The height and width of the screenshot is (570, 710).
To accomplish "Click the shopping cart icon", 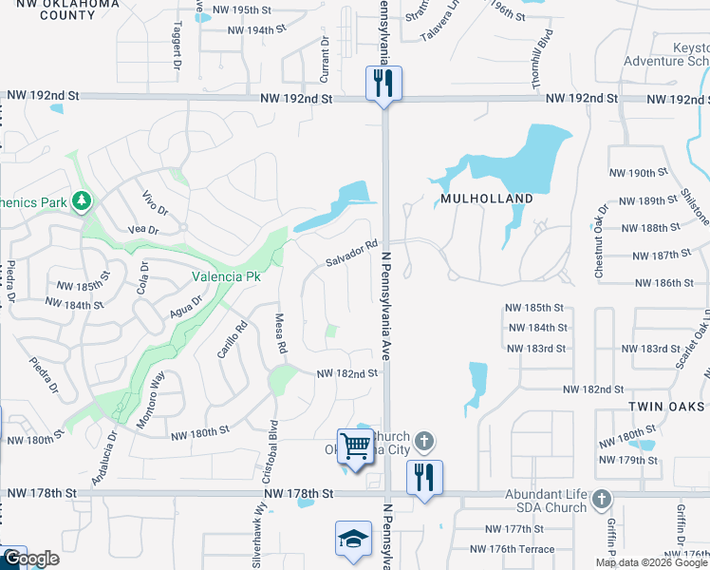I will coord(355,444).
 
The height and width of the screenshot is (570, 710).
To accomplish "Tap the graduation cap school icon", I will coord(353,540).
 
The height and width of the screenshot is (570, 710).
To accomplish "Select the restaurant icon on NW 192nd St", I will coord(383,83).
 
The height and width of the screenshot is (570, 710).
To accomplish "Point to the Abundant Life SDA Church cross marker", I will coord(600,499).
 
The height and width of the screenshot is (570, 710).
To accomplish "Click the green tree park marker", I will coord(83,199).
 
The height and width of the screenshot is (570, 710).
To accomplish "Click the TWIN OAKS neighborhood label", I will coord(667,406).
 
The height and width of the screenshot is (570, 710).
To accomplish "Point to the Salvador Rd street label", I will coord(352,253).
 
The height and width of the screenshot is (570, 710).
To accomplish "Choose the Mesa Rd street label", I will coord(280,334).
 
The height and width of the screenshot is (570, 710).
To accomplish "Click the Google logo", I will coord(30,560).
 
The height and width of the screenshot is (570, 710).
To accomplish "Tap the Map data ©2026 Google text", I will coord(652,562).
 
